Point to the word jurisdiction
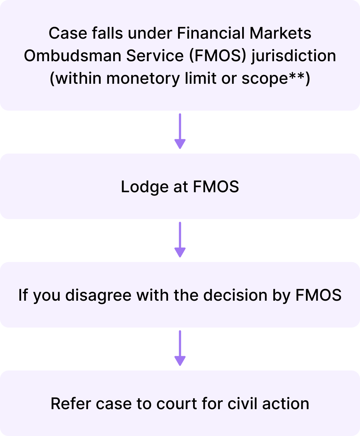coord(294,56)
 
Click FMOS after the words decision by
coord(318,295)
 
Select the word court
coord(174,404)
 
